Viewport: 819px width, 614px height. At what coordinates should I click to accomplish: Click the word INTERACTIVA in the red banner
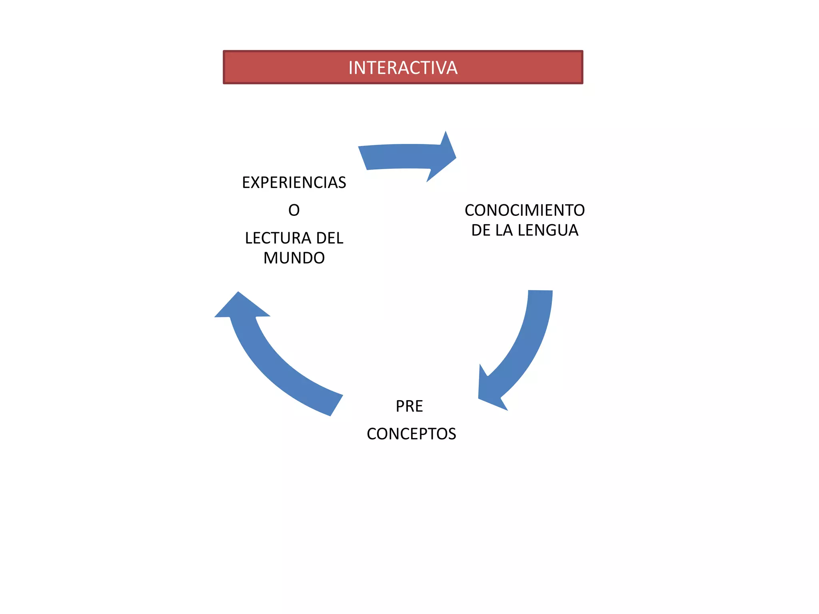pos(403,68)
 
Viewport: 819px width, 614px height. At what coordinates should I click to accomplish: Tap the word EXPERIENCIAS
pos(294,183)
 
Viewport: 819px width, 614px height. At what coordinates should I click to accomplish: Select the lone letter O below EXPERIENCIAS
pos(294,210)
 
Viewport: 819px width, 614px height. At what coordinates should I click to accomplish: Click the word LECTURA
pos(278,238)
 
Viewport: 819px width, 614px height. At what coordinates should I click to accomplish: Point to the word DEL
pos(330,238)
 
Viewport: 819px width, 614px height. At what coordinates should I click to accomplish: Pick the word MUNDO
pos(294,258)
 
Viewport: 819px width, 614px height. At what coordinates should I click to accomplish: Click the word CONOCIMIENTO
pos(525,210)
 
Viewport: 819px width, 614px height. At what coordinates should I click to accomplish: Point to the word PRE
pos(409,406)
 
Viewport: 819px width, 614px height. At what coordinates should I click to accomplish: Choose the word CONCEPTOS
pos(411,434)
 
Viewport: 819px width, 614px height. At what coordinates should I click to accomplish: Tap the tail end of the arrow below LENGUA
pos(540,291)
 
